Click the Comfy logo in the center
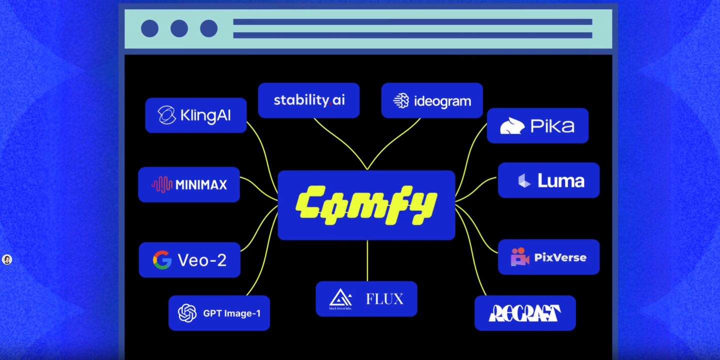pyautogui.click(x=366, y=205)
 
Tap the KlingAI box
pyautogui.click(x=196, y=115)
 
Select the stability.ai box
pyautogui.click(x=309, y=100)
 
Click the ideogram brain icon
pyautogui.click(x=401, y=101)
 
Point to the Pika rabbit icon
pyautogui.click(x=512, y=126)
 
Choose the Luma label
pyautogui.click(x=560, y=180)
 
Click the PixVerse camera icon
pyautogui.click(x=519, y=257)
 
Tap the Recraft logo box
pyautogui.click(x=525, y=313)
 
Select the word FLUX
pyautogui.click(x=384, y=299)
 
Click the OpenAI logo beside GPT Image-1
pyautogui.click(x=187, y=313)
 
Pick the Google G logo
pyautogui.click(x=162, y=260)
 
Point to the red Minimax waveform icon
pyautogui.click(x=161, y=184)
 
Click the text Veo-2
pyautogui.click(x=202, y=260)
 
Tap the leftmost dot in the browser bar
pyautogui.click(x=149, y=28)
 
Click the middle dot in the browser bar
pyautogui.click(x=179, y=28)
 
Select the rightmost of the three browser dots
pyautogui.click(x=208, y=28)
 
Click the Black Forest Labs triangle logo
pyautogui.click(x=340, y=298)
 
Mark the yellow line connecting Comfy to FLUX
pyautogui.click(x=367, y=260)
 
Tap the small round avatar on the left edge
pyautogui.click(x=7, y=259)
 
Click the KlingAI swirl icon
pyautogui.click(x=166, y=115)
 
